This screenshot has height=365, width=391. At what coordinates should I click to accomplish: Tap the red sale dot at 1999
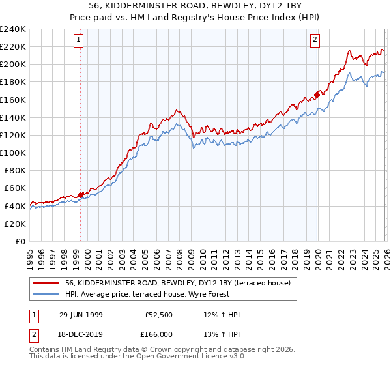[81, 194]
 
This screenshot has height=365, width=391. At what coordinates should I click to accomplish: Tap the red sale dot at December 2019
[317, 94]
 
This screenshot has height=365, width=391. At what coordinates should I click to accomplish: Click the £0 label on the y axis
[20, 241]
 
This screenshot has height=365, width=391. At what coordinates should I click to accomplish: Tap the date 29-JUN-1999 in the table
[81, 315]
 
